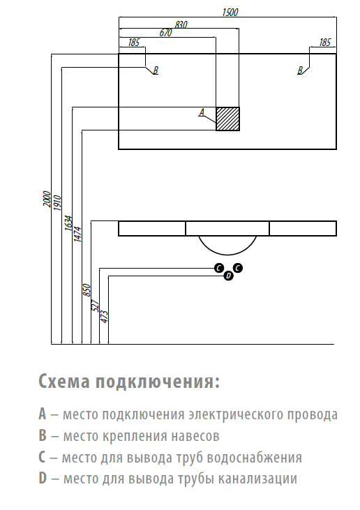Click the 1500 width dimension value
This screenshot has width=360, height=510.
230,13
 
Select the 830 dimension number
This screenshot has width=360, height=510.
181,24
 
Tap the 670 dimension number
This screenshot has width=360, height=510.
165,33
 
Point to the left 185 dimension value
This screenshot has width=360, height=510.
134,43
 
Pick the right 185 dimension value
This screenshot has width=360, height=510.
324,43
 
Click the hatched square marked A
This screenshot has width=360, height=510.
228,119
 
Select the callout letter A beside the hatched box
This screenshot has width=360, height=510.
202,112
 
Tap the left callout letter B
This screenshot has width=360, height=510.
156,70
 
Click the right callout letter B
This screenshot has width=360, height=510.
300,70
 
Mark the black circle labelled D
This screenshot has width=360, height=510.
228,276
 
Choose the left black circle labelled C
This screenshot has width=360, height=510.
219,268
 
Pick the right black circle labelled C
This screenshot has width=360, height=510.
238,268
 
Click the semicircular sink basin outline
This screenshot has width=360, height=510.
227,255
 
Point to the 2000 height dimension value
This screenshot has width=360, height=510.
47,199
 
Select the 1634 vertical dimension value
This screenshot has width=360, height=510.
68,223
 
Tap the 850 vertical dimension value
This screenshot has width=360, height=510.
87,290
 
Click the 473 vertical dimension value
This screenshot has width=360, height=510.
105,317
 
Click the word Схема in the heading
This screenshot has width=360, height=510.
64,382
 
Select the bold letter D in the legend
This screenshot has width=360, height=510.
43,479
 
